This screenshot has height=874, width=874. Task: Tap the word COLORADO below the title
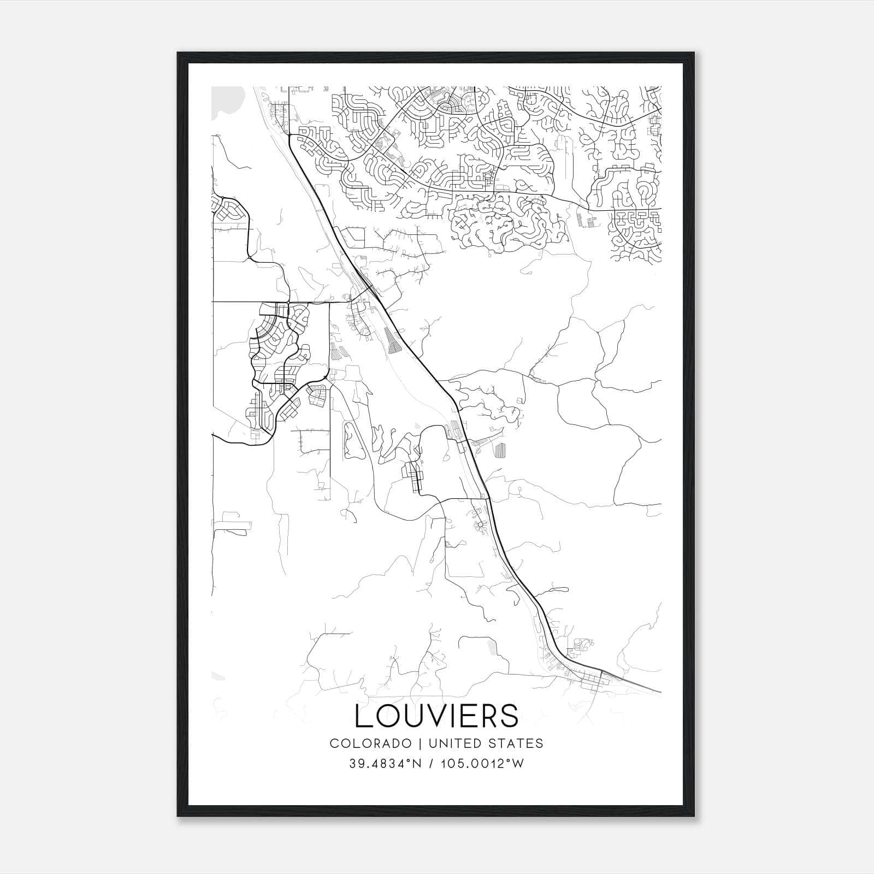coord(362,743)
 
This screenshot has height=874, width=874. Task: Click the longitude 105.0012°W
coord(482,764)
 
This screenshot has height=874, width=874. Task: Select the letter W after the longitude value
coord(518,764)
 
